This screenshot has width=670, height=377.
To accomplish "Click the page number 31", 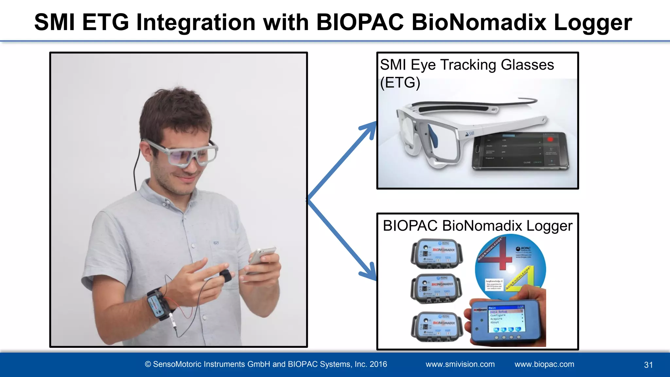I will click(x=648, y=365).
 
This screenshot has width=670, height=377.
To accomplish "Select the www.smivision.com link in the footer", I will click(x=460, y=364).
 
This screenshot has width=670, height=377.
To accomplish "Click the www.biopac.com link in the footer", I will click(x=544, y=364).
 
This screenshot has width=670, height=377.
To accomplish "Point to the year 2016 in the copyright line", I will click(x=378, y=364).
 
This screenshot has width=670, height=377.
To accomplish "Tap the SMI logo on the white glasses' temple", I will click(x=470, y=134).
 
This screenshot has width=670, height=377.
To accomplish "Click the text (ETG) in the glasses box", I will click(x=400, y=82).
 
